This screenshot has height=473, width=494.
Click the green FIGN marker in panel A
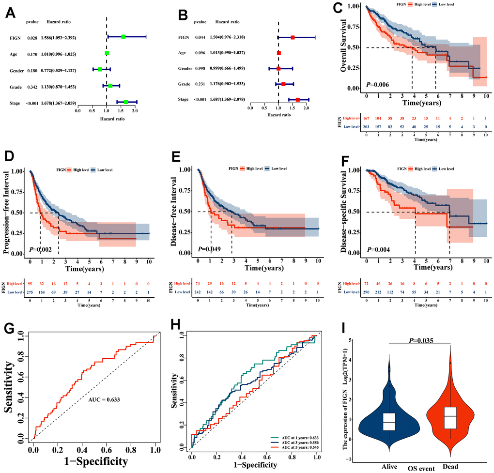point(123,37)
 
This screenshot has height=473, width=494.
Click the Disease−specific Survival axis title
point(343,211)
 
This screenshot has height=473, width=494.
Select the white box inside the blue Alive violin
point(389,422)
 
